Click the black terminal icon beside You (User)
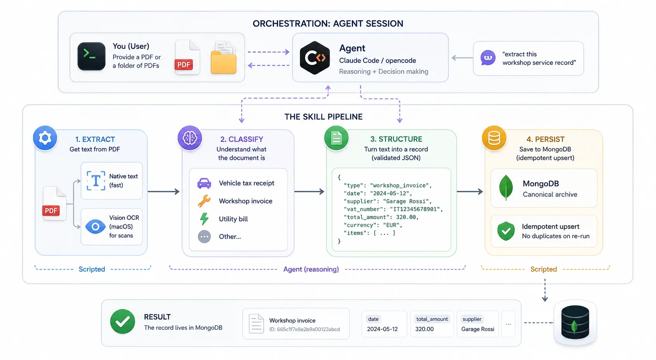[91, 56]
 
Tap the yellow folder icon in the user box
[224, 61]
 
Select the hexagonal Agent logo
[315, 58]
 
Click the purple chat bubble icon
[488, 58]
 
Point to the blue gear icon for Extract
[45, 138]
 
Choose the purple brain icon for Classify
[190, 138]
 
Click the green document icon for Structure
[336, 138]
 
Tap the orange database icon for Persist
[494, 138]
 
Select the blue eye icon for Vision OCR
[95, 226]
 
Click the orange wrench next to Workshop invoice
[204, 201]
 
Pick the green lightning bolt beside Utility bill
[204, 219]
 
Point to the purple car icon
[204, 183]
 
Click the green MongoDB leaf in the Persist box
[506, 188]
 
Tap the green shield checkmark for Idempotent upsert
[506, 231]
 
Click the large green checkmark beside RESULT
[122, 321]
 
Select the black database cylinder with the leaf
[575, 322]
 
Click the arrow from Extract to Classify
[164, 191]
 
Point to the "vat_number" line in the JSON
[393, 209]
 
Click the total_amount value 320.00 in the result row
[424, 329]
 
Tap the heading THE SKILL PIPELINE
[323, 117]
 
